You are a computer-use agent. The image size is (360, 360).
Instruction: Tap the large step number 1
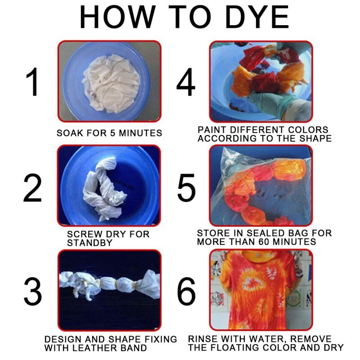[33, 82]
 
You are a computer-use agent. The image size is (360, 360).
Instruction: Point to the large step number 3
[32, 292]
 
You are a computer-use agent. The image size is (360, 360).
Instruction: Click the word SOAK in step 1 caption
[68, 133]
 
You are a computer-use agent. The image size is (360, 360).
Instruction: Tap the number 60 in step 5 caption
[265, 242]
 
